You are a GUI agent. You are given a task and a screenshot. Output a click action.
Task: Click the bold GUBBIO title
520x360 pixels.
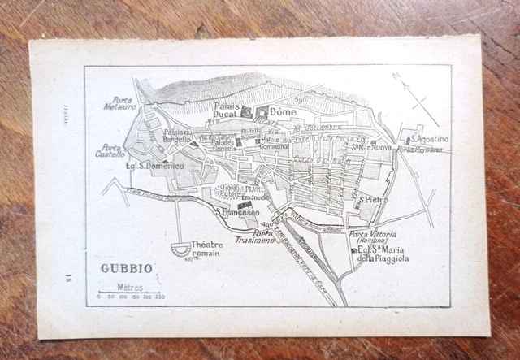[124, 266]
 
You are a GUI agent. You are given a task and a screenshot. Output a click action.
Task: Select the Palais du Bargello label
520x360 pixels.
[177, 136]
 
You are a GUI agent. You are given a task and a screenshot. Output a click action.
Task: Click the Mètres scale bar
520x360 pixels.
[129, 292]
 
